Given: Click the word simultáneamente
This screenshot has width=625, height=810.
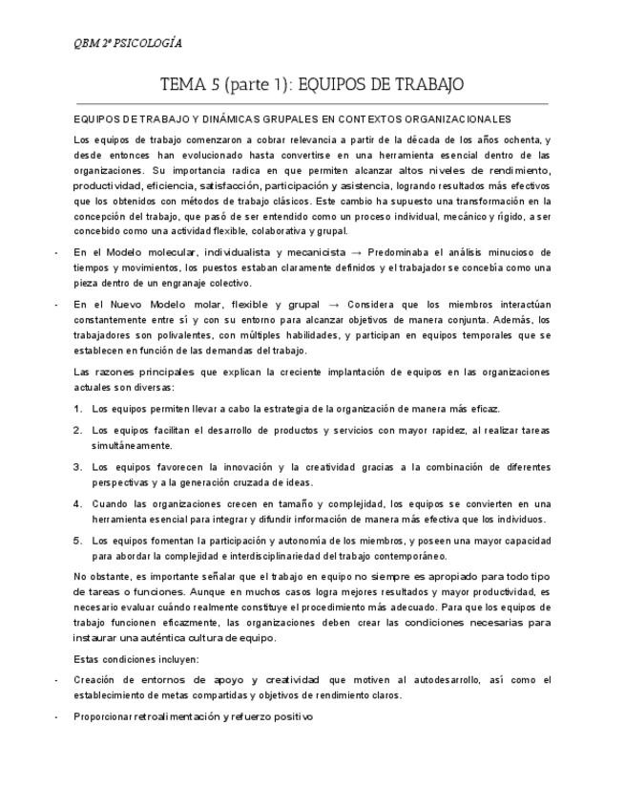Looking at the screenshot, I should (x=132, y=445).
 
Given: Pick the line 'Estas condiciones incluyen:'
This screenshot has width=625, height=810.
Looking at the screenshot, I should (x=136, y=659).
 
